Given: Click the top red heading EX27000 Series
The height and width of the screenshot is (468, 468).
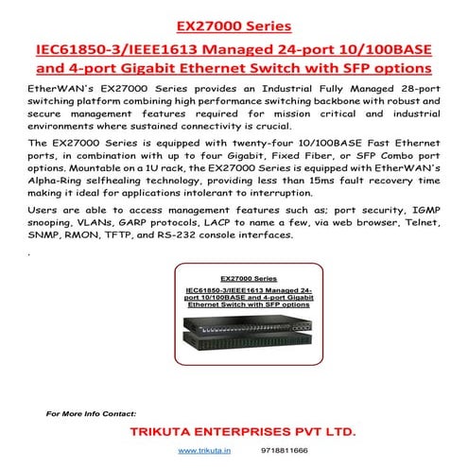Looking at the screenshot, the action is click(x=234, y=23).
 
